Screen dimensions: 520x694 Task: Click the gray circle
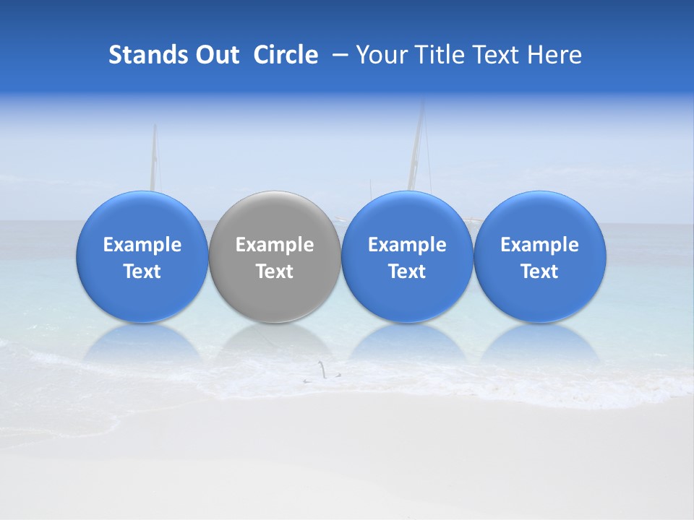coord(275,217)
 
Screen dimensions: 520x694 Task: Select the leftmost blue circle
coord(142,217)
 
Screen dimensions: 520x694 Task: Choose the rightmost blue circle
coord(540,217)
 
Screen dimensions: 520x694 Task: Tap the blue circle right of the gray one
coord(407,217)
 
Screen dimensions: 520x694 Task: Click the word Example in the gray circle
coord(275,245)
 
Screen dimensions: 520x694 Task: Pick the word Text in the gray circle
coord(275,272)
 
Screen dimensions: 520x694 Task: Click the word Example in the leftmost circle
coord(142,245)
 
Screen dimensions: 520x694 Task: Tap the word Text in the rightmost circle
coord(540,272)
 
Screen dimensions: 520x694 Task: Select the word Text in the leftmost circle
coord(142,272)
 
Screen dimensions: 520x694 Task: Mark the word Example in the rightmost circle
coord(540,245)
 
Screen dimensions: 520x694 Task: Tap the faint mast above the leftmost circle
coord(153,159)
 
